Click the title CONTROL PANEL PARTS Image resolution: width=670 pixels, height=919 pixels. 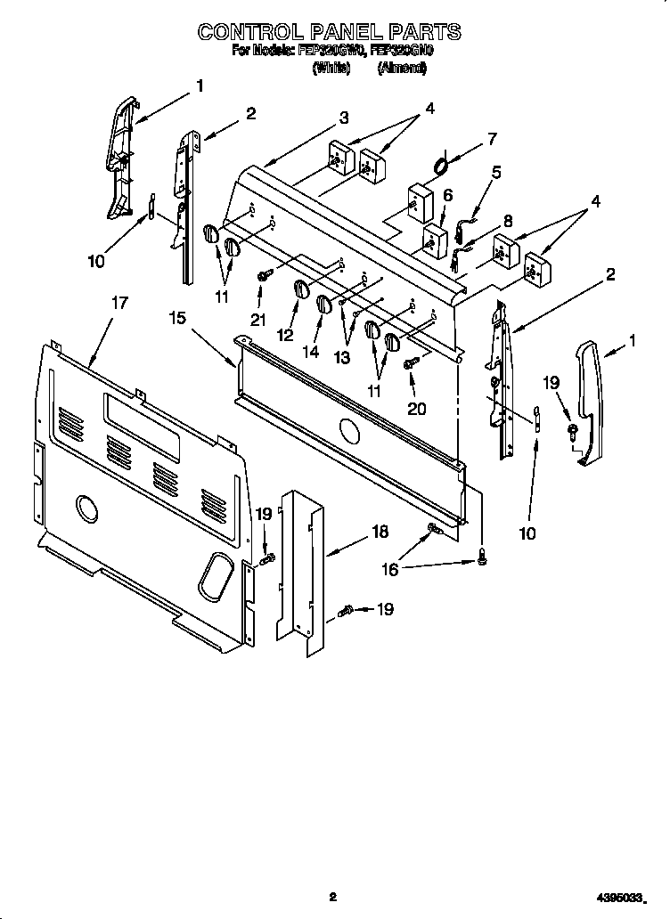pyautogui.click(x=330, y=32)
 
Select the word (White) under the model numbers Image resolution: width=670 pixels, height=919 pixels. pyautogui.click(x=331, y=67)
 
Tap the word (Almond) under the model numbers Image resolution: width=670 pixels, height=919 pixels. pyautogui.click(x=402, y=67)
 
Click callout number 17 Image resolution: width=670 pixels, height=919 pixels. pyautogui.click(x=118, y=303)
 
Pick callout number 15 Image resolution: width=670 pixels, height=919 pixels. pyautogui.click(x=178, y=318)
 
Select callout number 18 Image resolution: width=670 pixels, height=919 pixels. pyautogui.click(x=380, y=532)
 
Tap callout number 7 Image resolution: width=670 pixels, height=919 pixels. pyautogui.click(x=491, y=138)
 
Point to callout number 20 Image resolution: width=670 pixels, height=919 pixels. pyautogui.click(x=417, y=409)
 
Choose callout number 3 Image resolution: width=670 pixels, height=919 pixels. pyautogui.click(x=343, y=117)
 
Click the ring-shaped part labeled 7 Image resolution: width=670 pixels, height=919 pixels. pyautogui.click(x=441, y=165)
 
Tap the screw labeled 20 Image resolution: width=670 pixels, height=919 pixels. pyautogui.click(x=412, y=363)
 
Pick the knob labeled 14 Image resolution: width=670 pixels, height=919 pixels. pyautogui.click(x=323, y=305)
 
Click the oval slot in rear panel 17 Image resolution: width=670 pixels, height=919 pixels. pyautogui.click(x=213, y=579)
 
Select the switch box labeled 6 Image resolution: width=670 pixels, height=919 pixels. pyautogui.click(x=434, y=239)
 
